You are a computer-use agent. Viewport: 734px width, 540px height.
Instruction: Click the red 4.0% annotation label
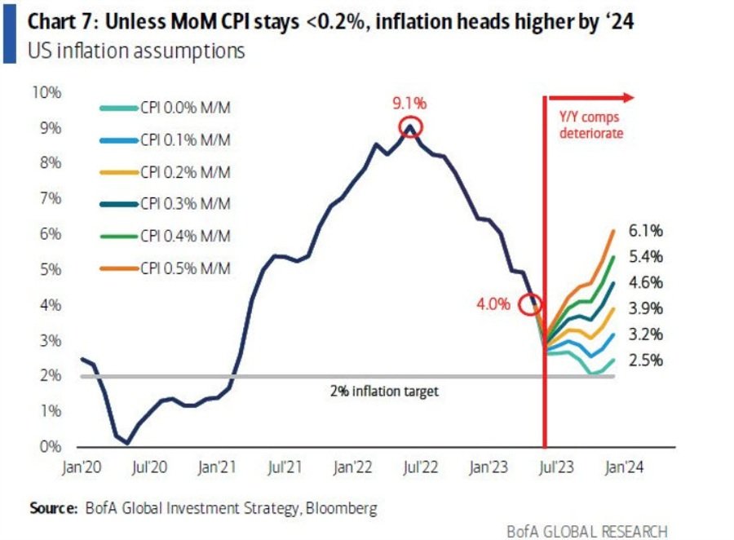[x=494, y=304]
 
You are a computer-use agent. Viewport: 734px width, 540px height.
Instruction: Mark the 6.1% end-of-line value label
[x=646, y=231]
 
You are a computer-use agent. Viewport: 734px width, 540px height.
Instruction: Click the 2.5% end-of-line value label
[x=646, y=361]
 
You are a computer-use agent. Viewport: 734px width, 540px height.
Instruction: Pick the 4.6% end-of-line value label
[x=646, y=283]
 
